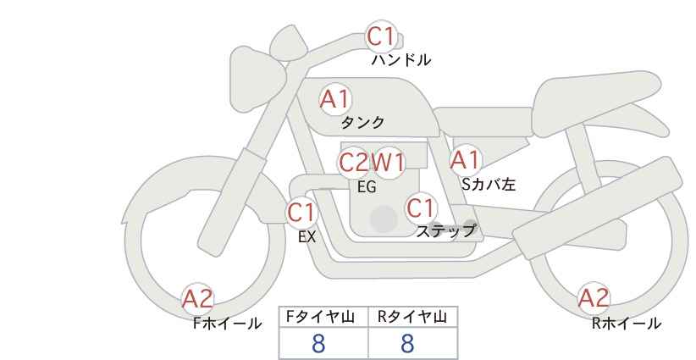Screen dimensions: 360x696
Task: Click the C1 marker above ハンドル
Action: click(x=380, y=37)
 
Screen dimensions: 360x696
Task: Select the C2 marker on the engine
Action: click(x=353, y=162)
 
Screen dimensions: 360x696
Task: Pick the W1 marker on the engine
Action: click(x=389, y=162)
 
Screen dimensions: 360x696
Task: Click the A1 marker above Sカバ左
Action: click(x=465, y=159)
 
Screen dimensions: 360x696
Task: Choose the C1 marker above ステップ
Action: click(x=420, y=208)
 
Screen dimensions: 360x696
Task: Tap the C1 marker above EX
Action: click(x=301, y=212)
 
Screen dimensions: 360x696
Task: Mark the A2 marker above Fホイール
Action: click(x=197, y=298)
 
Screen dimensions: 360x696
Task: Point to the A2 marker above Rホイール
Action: click(x=593, y=298)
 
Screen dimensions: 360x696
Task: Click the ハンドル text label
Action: click(x=401, y=60)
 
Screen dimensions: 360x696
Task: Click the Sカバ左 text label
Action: click(x=488, y=182)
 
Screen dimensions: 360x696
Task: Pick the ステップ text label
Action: click(x=446, y=230)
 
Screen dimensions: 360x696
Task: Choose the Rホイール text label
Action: click(x=627, y=323)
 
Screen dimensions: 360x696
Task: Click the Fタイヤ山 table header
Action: click(x=323, y=317)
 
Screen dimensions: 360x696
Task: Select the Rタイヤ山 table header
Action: click(x=412, y=317)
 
